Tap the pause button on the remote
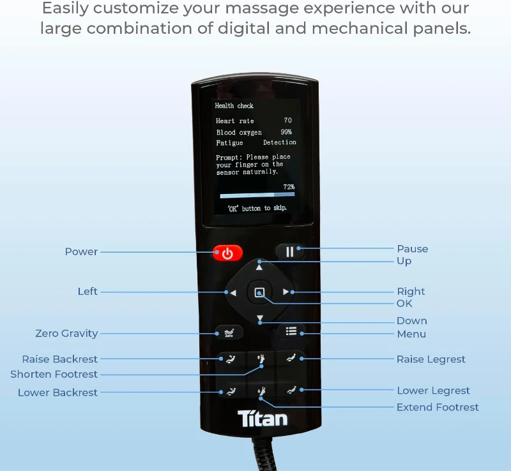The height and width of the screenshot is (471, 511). point(290,251)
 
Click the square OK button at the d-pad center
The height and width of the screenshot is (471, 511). point(259,292)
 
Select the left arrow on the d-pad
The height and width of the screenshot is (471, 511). point(233,293)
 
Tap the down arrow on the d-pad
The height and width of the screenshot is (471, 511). point(259,318)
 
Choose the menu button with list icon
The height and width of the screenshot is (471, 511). point(291,331)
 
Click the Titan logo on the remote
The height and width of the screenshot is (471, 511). point(263,419)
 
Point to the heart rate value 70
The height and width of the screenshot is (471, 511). point(287,121)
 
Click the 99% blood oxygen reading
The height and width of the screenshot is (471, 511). point(286,132)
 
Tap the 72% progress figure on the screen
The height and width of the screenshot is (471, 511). point(289,187)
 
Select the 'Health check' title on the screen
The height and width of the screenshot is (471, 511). point(234,106)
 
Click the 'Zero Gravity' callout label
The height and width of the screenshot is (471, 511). point(66,333)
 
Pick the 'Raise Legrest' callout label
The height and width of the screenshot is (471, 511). point(431,359)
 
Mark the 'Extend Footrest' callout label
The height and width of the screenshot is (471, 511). point(438,407)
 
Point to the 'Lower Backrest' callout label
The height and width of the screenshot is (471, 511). point(57,392)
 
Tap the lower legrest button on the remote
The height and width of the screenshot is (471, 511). point(291,389)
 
